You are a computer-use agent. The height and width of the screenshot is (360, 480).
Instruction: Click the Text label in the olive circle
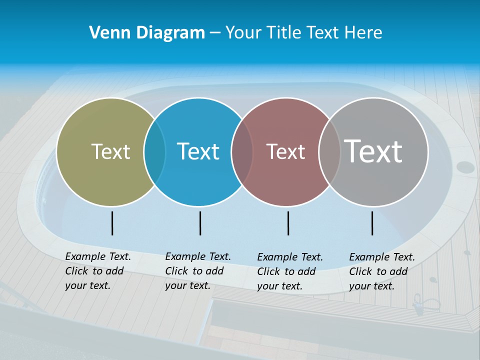(x=110, y=151)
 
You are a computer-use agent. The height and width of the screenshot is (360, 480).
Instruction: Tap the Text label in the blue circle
(x=198, y=151)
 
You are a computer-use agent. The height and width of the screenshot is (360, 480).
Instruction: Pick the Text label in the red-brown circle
(x=285, y=151)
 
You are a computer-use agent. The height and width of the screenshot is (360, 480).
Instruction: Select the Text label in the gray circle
(x=373, y=151)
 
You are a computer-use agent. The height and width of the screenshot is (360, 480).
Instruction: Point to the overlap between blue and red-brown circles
(x=242, y=152)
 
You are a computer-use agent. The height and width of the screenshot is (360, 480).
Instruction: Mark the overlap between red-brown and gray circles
(x=329, y=152)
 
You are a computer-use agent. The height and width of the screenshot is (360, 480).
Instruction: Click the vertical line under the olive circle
(x=112, y=223)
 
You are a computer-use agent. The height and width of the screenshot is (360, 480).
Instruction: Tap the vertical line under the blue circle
(x=200, y=223)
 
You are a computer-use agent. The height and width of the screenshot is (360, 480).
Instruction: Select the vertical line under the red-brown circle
(x=288, y=223)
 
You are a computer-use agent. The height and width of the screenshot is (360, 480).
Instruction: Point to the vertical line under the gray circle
(x=372, y=223)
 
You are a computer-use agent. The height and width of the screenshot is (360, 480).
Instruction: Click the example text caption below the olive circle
(x=97, y=271)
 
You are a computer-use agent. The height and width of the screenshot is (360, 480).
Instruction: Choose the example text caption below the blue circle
(x=197, y=271)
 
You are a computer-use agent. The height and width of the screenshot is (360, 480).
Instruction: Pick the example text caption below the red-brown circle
(x=289, y=271)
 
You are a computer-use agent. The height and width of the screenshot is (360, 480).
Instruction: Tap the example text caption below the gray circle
(x=381, y=271)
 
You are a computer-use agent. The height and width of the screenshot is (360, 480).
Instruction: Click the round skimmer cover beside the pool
(x=465, y=167)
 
